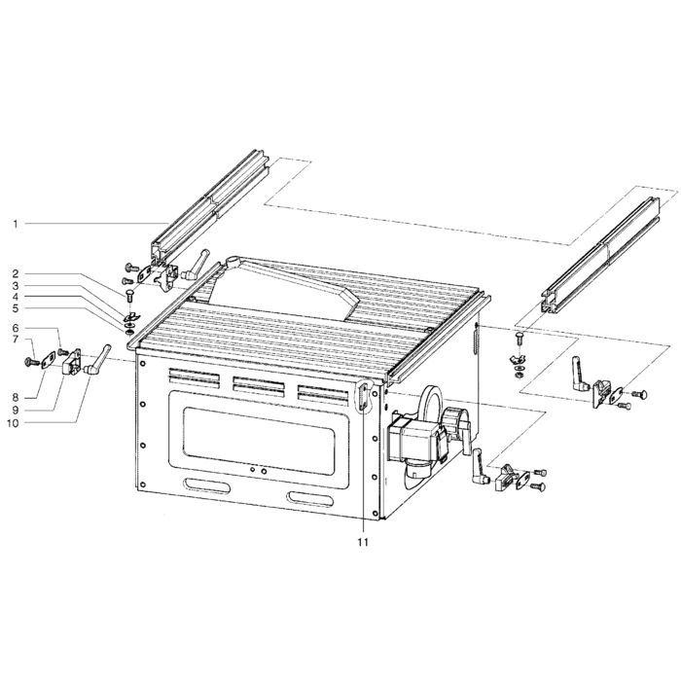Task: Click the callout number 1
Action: click(16, 224)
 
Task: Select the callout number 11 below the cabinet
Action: click(363, 542)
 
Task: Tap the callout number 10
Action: click(13, 422)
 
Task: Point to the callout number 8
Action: click(16, 397)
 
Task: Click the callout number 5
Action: click(16, 308)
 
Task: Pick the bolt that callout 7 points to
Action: click(32, 361)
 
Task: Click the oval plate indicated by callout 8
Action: click(48, 360)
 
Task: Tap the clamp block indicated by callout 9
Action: click(72, 362)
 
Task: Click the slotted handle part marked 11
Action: click(364, 396)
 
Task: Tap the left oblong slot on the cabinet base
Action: click(206, 485)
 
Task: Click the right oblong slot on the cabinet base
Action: click(309, 498)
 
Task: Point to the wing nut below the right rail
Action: click(519, 359)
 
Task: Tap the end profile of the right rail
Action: click(551, 303)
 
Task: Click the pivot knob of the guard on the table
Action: click(233, 262)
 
